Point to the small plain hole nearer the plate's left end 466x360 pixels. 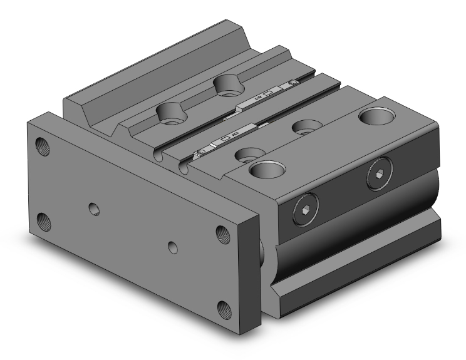(x=95, y=207)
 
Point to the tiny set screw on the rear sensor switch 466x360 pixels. (x=292, y=84)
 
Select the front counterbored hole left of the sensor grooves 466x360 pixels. (x=167, y=113)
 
